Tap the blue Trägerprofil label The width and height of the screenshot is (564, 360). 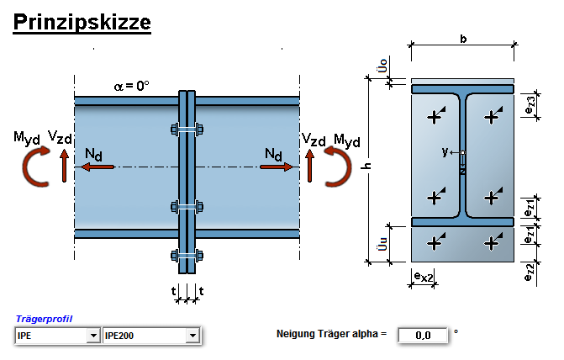[44, 320]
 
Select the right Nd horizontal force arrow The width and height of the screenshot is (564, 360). [277, 167]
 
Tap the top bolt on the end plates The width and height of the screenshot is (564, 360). [187, 130]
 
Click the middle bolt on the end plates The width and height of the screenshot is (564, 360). [187, 206]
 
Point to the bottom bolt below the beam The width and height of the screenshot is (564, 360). [187, 256]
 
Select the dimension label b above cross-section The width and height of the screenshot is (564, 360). [463, 39]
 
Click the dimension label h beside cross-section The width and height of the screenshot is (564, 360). [366, 166]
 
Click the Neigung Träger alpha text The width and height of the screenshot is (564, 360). [331, 335]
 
